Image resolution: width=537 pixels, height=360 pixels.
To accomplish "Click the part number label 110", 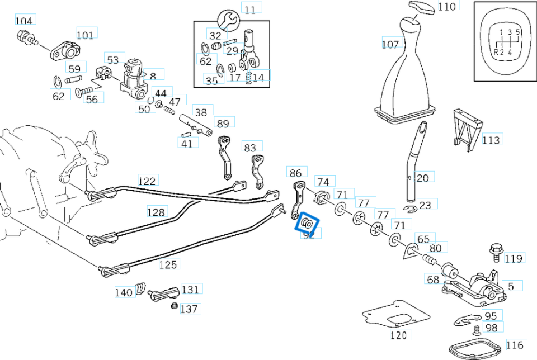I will (447, 7).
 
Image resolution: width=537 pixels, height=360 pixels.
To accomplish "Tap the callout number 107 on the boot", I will (390, 44).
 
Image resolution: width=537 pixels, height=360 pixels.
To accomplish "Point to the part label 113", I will (491, 140).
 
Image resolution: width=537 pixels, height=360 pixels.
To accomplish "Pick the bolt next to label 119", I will (494, 251).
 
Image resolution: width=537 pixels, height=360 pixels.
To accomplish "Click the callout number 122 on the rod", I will (147, 181).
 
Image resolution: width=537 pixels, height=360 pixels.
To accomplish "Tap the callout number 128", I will (157, 212).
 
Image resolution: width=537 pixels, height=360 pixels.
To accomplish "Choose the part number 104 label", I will (23, 21).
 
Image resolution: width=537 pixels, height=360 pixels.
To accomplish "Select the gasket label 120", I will (399, 335).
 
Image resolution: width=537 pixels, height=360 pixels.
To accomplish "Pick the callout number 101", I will (85, 35).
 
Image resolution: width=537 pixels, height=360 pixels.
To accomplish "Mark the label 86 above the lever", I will (296, 173).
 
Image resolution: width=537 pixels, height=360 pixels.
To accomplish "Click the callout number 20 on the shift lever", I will (422, 178).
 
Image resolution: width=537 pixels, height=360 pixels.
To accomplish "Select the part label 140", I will (124, 292).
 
